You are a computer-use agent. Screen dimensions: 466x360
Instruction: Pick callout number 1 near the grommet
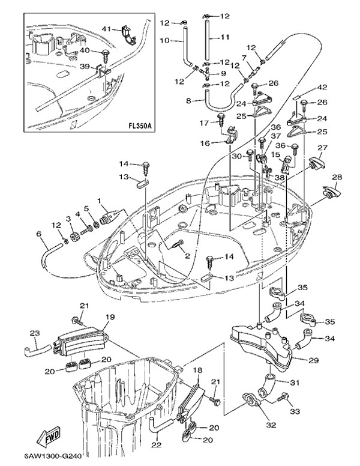(99, 201)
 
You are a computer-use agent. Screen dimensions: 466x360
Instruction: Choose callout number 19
(110, 316)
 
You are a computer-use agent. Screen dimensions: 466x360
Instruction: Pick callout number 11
(225, 37)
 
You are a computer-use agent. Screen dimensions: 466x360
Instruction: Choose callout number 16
(205, 144)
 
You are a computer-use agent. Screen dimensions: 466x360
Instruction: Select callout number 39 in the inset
(85, 66)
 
